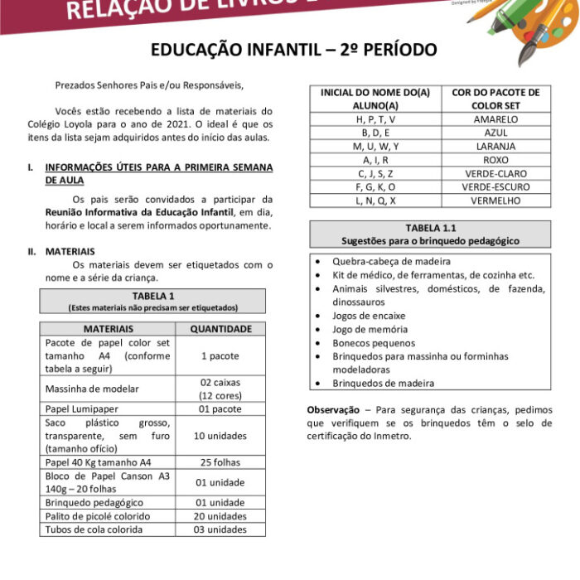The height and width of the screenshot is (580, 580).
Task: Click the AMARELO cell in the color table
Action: (495, 119)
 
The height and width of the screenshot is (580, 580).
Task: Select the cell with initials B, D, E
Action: (375, 133)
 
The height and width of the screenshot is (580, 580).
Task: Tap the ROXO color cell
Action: (495, 160)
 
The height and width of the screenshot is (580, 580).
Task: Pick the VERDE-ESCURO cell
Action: (495, 187)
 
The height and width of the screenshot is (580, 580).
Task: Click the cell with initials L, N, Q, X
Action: (375, 201)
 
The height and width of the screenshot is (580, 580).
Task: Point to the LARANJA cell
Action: (495, 147)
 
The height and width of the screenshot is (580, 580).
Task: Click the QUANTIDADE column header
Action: (221, 328)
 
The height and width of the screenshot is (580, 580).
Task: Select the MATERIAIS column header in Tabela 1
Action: (108, 328)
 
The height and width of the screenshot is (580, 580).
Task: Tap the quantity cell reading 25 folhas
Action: (221, 462)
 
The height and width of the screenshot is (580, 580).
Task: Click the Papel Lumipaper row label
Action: (82, 409)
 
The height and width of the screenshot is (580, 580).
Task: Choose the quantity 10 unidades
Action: (221, 436)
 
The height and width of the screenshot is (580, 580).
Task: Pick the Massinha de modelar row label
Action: (92, 389)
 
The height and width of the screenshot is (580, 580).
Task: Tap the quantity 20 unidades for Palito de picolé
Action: (221, 516)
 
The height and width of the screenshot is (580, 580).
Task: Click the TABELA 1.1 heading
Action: (430, 228)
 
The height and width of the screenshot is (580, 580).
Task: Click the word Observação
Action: (332, 410)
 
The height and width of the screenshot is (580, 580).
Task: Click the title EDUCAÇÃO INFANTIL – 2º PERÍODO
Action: (293, 51)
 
